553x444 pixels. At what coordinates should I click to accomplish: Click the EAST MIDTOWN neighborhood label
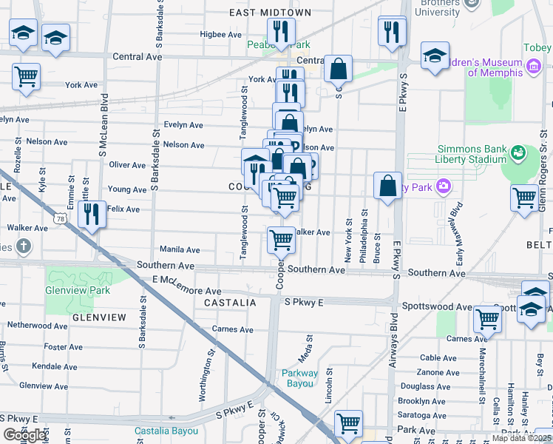[270, 13]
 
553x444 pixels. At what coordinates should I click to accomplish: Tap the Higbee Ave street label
[221, 34]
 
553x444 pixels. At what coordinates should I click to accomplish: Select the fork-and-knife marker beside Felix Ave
[92, 215]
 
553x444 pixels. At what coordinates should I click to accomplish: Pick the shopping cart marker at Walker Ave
[281, 240]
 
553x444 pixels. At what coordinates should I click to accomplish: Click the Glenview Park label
[78, 290]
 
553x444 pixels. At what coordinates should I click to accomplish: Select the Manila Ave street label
[180, 250]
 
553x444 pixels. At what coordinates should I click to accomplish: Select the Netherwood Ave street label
[37, 325]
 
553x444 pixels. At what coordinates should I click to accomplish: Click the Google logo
[24, 435]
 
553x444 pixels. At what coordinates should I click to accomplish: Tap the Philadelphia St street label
[364, 235]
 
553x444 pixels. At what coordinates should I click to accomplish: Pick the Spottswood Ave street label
[436, 306]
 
